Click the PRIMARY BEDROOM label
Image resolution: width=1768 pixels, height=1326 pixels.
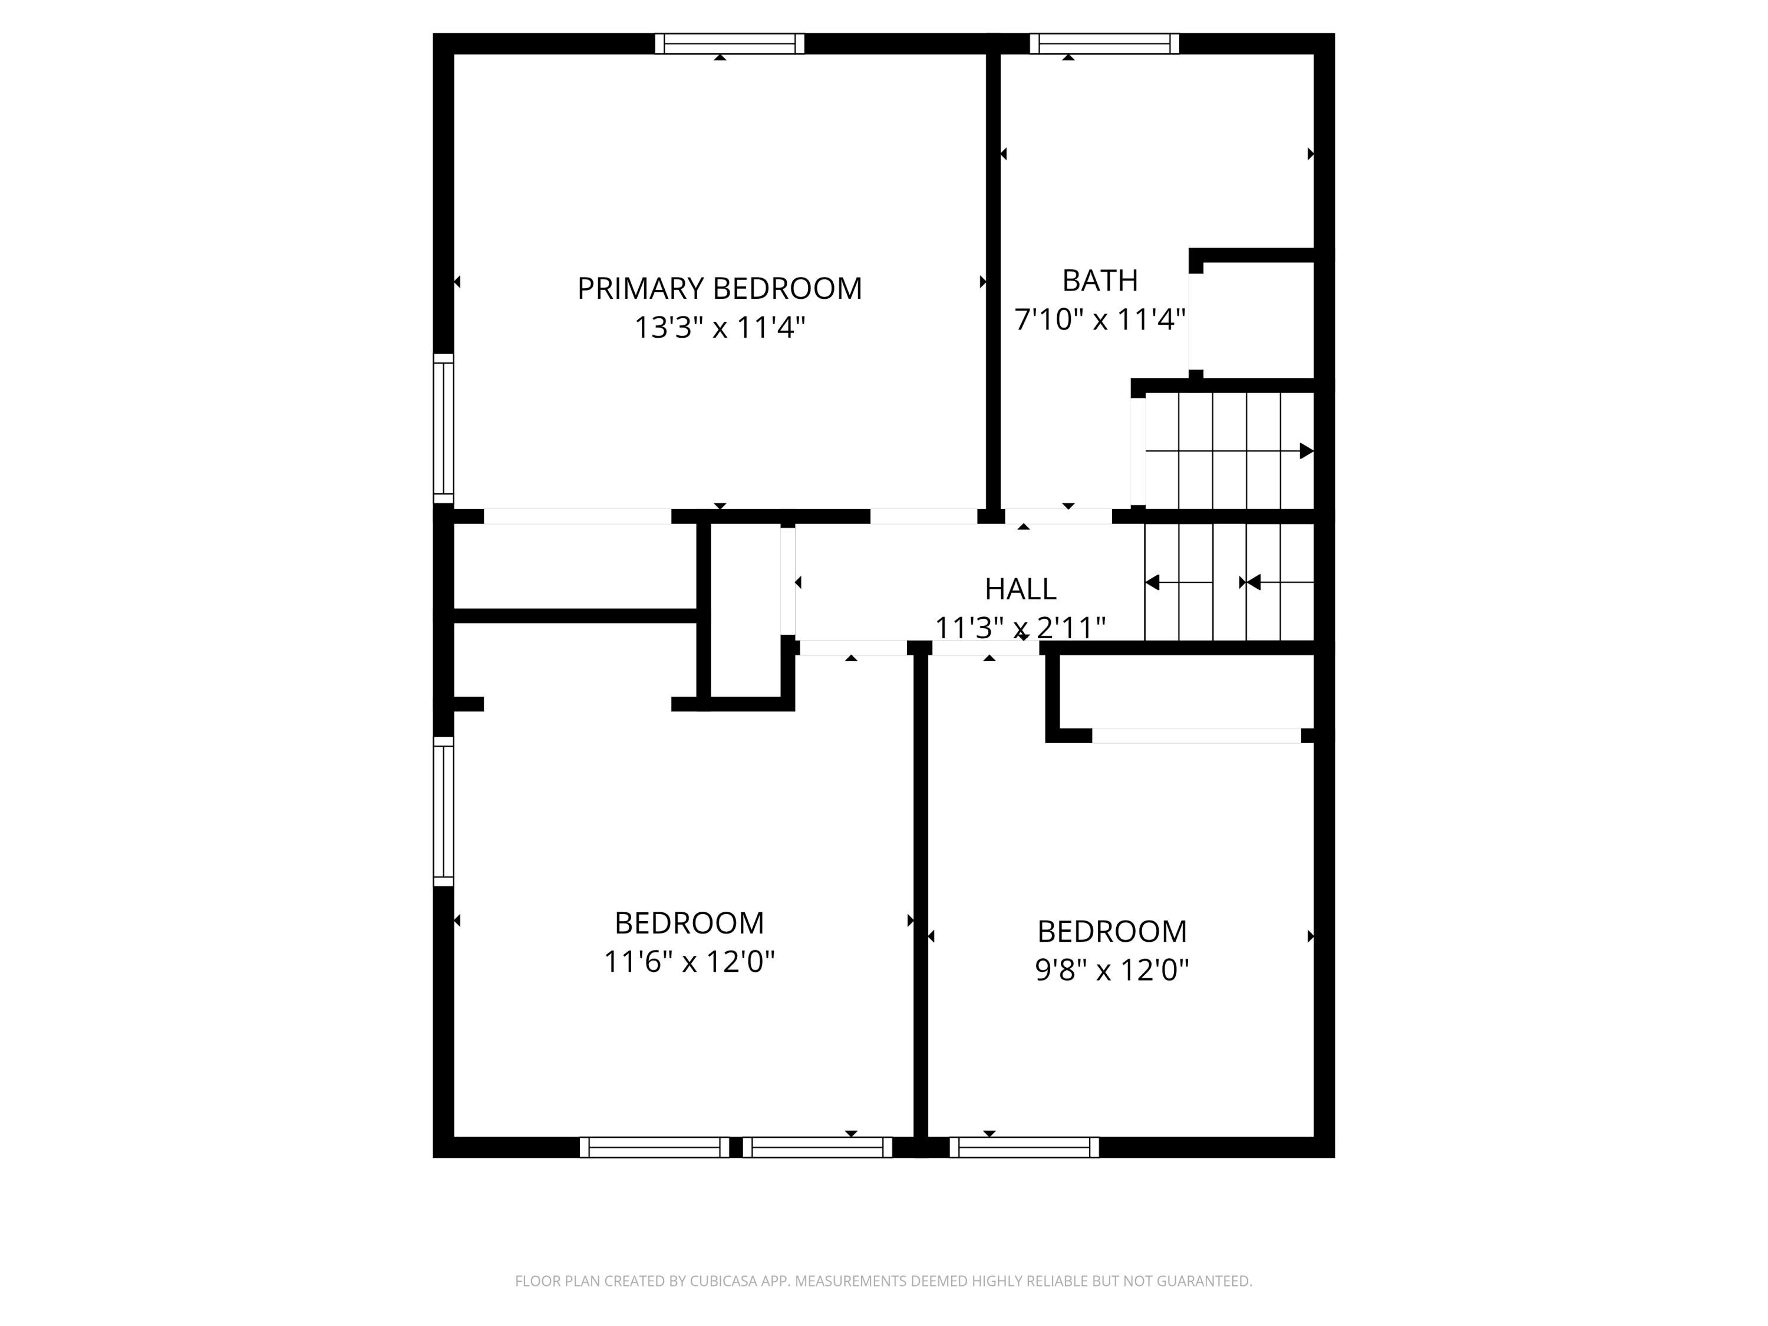(x=720, y=289)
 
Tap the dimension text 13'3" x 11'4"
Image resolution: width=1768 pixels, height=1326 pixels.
(x=720, y=328)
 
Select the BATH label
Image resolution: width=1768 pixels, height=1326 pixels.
(x=1100, y=281)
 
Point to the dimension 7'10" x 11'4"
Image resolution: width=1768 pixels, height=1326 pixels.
(x=1100, y=319)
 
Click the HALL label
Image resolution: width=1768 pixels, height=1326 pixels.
(x=1020, y=589)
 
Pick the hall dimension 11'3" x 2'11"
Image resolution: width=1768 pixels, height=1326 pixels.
(x=1020, y=628)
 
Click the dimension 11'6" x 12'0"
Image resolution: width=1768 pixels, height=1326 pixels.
(x=689, y=962)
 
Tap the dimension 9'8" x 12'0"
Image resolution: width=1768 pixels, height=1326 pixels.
(x=1112, y=969)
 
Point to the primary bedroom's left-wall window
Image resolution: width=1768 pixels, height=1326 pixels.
(x=444, y=428)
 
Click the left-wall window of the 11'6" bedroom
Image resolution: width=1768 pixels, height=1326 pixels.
(x=444, y=812)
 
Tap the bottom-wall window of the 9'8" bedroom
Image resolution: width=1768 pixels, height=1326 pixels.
(x=1024, y=1148)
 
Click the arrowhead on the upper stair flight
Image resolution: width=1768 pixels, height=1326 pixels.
(x=1306, y=451)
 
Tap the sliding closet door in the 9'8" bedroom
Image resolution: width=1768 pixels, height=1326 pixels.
(x=1196, y=735)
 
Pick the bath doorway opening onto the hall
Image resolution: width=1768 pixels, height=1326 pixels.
(x=1057, y=516)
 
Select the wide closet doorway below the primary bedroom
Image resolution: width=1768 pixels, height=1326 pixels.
(x=577, y=516)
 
